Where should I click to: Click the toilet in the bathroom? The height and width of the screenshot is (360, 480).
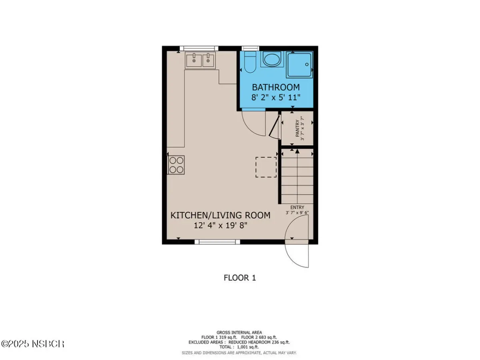point(250,62)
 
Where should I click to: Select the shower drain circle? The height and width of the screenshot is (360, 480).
point(307,64)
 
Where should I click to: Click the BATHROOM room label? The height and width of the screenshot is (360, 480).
point(276,87)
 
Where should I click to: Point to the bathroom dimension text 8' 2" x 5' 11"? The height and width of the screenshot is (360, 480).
point(276,97)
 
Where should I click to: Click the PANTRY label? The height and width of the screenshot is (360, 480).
point(297,128)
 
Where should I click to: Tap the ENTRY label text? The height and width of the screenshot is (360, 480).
point(297,207)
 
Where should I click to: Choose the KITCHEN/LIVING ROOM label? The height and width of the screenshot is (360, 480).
point(220,215)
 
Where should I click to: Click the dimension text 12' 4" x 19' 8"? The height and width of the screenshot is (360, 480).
point(220,225)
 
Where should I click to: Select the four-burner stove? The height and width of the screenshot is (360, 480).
point(176,165)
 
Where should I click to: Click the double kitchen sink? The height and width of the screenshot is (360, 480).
point(200,60)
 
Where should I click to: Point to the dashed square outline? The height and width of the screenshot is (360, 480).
point(266,167)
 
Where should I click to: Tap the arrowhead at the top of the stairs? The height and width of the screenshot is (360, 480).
point(297,151)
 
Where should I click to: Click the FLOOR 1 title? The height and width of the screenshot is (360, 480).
point(240,278)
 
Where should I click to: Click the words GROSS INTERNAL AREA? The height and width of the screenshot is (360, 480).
point(239,333)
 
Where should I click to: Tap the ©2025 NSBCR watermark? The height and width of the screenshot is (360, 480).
point(33,344)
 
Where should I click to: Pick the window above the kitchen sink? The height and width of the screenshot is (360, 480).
point(199,48)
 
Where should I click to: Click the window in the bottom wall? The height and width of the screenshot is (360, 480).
point(217,242)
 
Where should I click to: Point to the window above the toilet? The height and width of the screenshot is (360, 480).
point(250,48)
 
